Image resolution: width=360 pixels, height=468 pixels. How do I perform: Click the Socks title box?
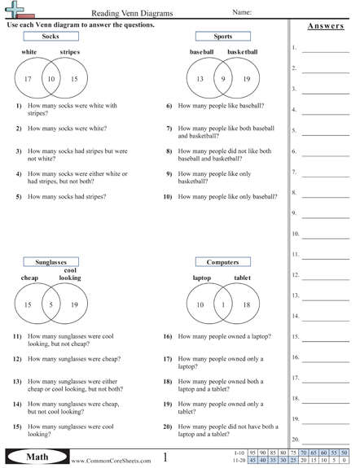pyautogui.click(x=50, y=37)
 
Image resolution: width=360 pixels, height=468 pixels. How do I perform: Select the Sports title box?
pyautogui.click(x=222, y=37)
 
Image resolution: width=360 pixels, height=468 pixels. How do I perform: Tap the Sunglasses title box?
pyautogui.click(x=50, y=262)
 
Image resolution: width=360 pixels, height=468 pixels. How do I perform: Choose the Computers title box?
pyautogui.click(x=222, y=262)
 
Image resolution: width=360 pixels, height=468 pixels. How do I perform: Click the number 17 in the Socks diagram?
pyautogui.click(x=28, y=79)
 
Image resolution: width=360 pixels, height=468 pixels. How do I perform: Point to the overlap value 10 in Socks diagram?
pyautogui.click(x=50, y=79)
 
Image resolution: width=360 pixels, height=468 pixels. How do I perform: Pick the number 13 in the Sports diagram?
pyautogui.click(x=200, y=79)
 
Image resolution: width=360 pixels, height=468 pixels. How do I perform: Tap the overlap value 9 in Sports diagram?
pyautogui.click(x=222, y=79)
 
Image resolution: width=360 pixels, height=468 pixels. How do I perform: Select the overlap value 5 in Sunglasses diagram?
pyautogui.click(x=50, y=305)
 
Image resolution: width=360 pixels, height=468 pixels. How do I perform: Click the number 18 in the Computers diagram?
pyautogui.click(x=246, y=305)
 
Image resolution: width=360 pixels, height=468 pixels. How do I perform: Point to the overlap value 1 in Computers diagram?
pyautogui.click(x=222, y=305)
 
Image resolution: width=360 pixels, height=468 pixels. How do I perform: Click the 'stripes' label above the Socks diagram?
pyautogui.click(x=70, y=52)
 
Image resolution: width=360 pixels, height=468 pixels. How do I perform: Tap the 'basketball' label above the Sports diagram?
pyautogui.click(x=242, y=52)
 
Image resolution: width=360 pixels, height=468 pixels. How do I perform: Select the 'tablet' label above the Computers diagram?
pyautogui.click(x=243, y=278)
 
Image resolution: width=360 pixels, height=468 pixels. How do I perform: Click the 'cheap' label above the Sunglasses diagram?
pyautogui.click(x=30, y=278)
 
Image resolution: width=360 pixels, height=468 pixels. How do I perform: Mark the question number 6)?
pyautogui.click(x=169, y=106)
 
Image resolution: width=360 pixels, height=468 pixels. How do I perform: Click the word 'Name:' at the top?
pyautogui.click(x=242, y=13)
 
